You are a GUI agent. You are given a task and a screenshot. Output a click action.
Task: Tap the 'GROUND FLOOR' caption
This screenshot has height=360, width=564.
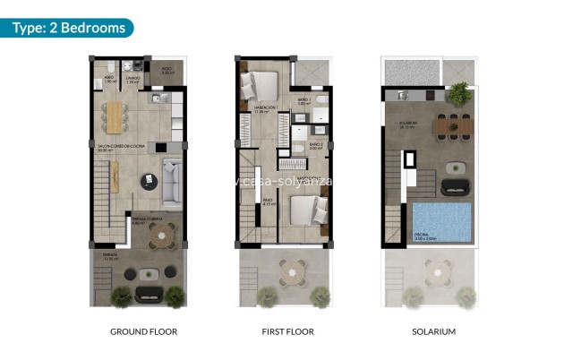(143, 331)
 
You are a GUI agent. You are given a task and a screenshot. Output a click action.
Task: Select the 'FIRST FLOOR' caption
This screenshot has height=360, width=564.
(287, 331)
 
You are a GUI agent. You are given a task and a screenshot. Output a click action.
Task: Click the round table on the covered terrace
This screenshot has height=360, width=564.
(162, 235)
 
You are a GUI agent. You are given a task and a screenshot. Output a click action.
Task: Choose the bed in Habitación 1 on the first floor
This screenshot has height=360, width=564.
(259, 85)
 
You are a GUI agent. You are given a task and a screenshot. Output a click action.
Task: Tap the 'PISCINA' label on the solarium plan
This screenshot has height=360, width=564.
(424, 236)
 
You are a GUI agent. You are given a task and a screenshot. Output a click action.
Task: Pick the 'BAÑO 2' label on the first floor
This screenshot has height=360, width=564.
(316, 143)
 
